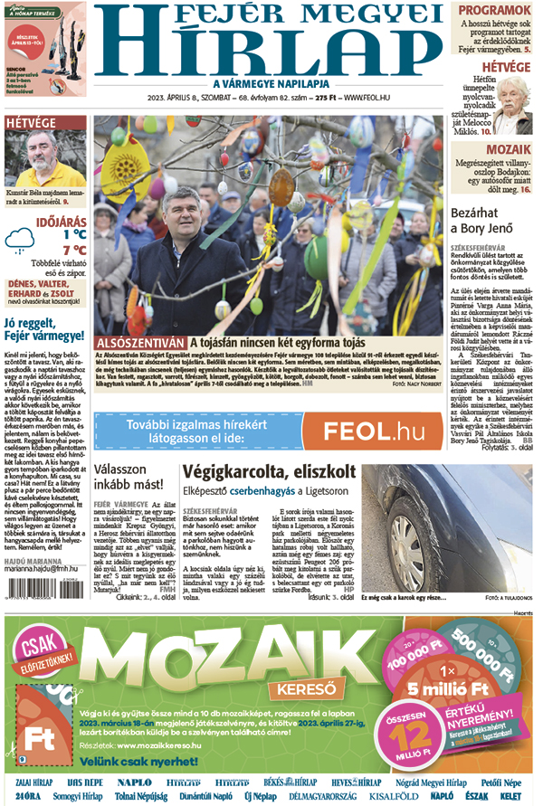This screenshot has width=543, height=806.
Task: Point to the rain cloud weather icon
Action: click(x=24, y=242)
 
